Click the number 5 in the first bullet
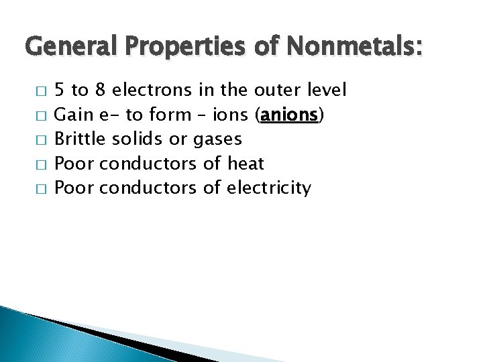(x=59, y=89)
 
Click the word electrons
(x=152, y=89)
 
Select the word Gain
(x=72, y=114)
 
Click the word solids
(x=136, y=139)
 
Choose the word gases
(x=217, y=140)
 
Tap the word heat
(x=246, y=164)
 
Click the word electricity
(x=269, y=188)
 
